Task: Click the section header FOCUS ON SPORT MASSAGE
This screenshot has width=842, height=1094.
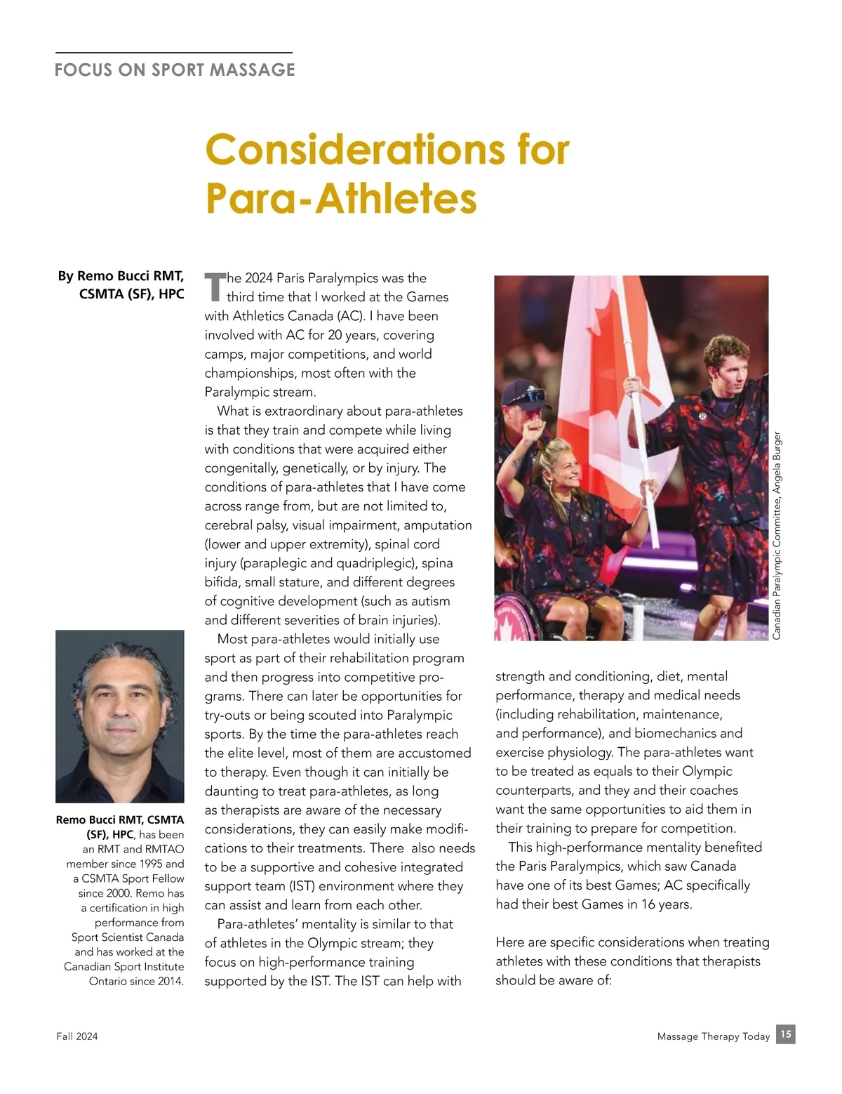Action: click(175, 70)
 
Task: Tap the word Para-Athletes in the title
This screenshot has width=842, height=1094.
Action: click(340, 198)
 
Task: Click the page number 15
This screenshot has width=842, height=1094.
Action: click(785, 1034)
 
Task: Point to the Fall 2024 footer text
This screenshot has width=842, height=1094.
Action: click(77, 1036)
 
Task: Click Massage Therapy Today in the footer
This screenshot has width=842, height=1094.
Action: click(713, 1036)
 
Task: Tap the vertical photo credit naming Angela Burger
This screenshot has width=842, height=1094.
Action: click(777, 536)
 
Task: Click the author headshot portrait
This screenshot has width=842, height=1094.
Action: click(120, 716)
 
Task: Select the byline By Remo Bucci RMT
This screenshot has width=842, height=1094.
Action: click(121, 276)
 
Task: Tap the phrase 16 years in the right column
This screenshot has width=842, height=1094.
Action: click(666, 904)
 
